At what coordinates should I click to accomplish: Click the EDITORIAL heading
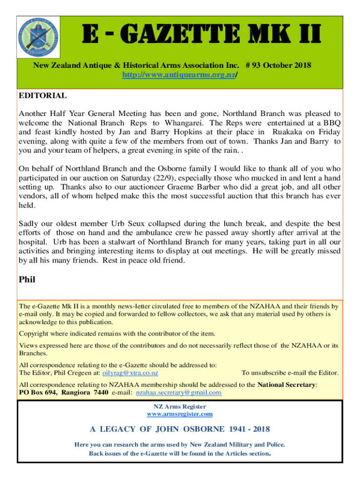[43, 96]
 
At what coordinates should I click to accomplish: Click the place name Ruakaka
[291, 132]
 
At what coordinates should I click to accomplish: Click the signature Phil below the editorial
[27, 280]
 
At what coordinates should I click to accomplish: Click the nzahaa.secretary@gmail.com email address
[179, 392]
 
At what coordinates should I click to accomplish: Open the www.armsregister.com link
[180, 414]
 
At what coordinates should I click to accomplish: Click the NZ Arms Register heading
[180, 407]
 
